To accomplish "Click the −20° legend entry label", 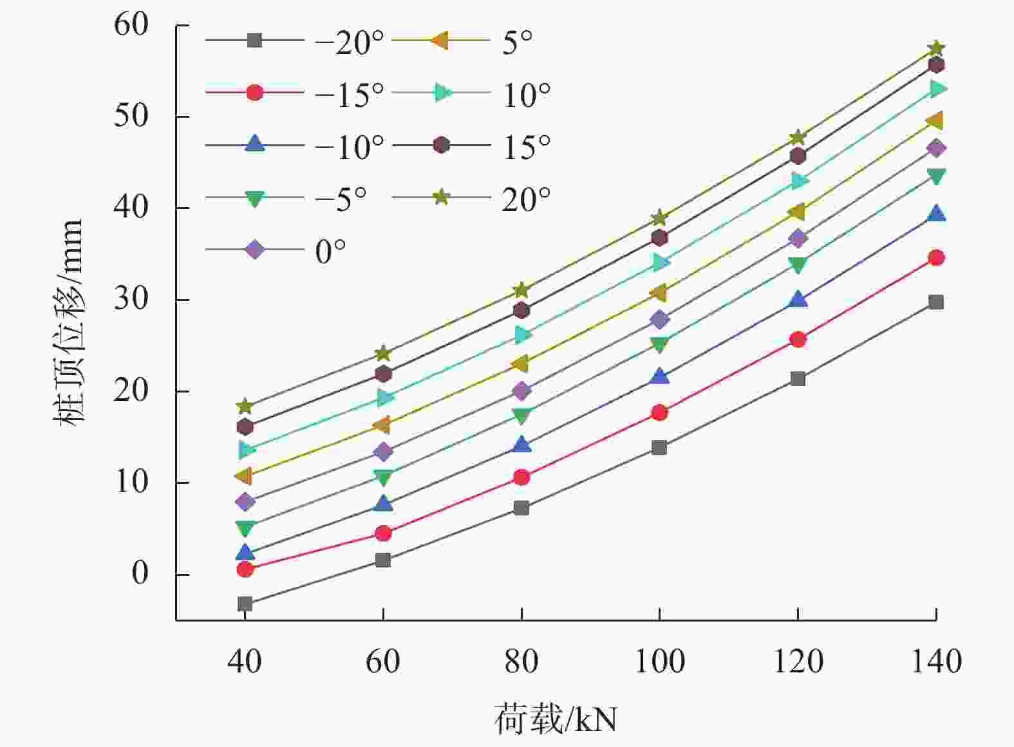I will pyautogui.click(x=349, y=42).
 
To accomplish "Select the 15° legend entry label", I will pyautogui.click(x=526, y=147).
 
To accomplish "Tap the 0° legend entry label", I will pyautogui.click(x=330, y=251).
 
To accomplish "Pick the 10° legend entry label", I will pyautogui.click(x=526, y=95).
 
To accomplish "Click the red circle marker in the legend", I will pyautogui.click(x=254, y=93).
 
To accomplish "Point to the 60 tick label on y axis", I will pyautogui.click(x=131, y=25).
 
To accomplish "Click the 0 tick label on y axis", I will pyautogui.click(x=140, y=573).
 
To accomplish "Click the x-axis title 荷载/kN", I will pyautogui.click(x=555, y=719).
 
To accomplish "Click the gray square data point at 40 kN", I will pyautogui.click(x=245, y=604).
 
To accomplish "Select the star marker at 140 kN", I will pyautogui.click(x=936, y=48).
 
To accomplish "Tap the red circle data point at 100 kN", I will pyautogui.click(x=659, y=412).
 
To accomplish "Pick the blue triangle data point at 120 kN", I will pyautogui.click(x=798, y=299).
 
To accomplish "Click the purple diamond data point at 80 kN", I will pyautogui.click(x=521, y=391).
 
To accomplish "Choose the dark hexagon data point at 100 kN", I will pyautogui.click(x=659, y=237).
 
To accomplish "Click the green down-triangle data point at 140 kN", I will pyautogui.click(x=936, y=176).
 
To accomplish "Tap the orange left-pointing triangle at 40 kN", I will pyautogui.click(x=244, y=476).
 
